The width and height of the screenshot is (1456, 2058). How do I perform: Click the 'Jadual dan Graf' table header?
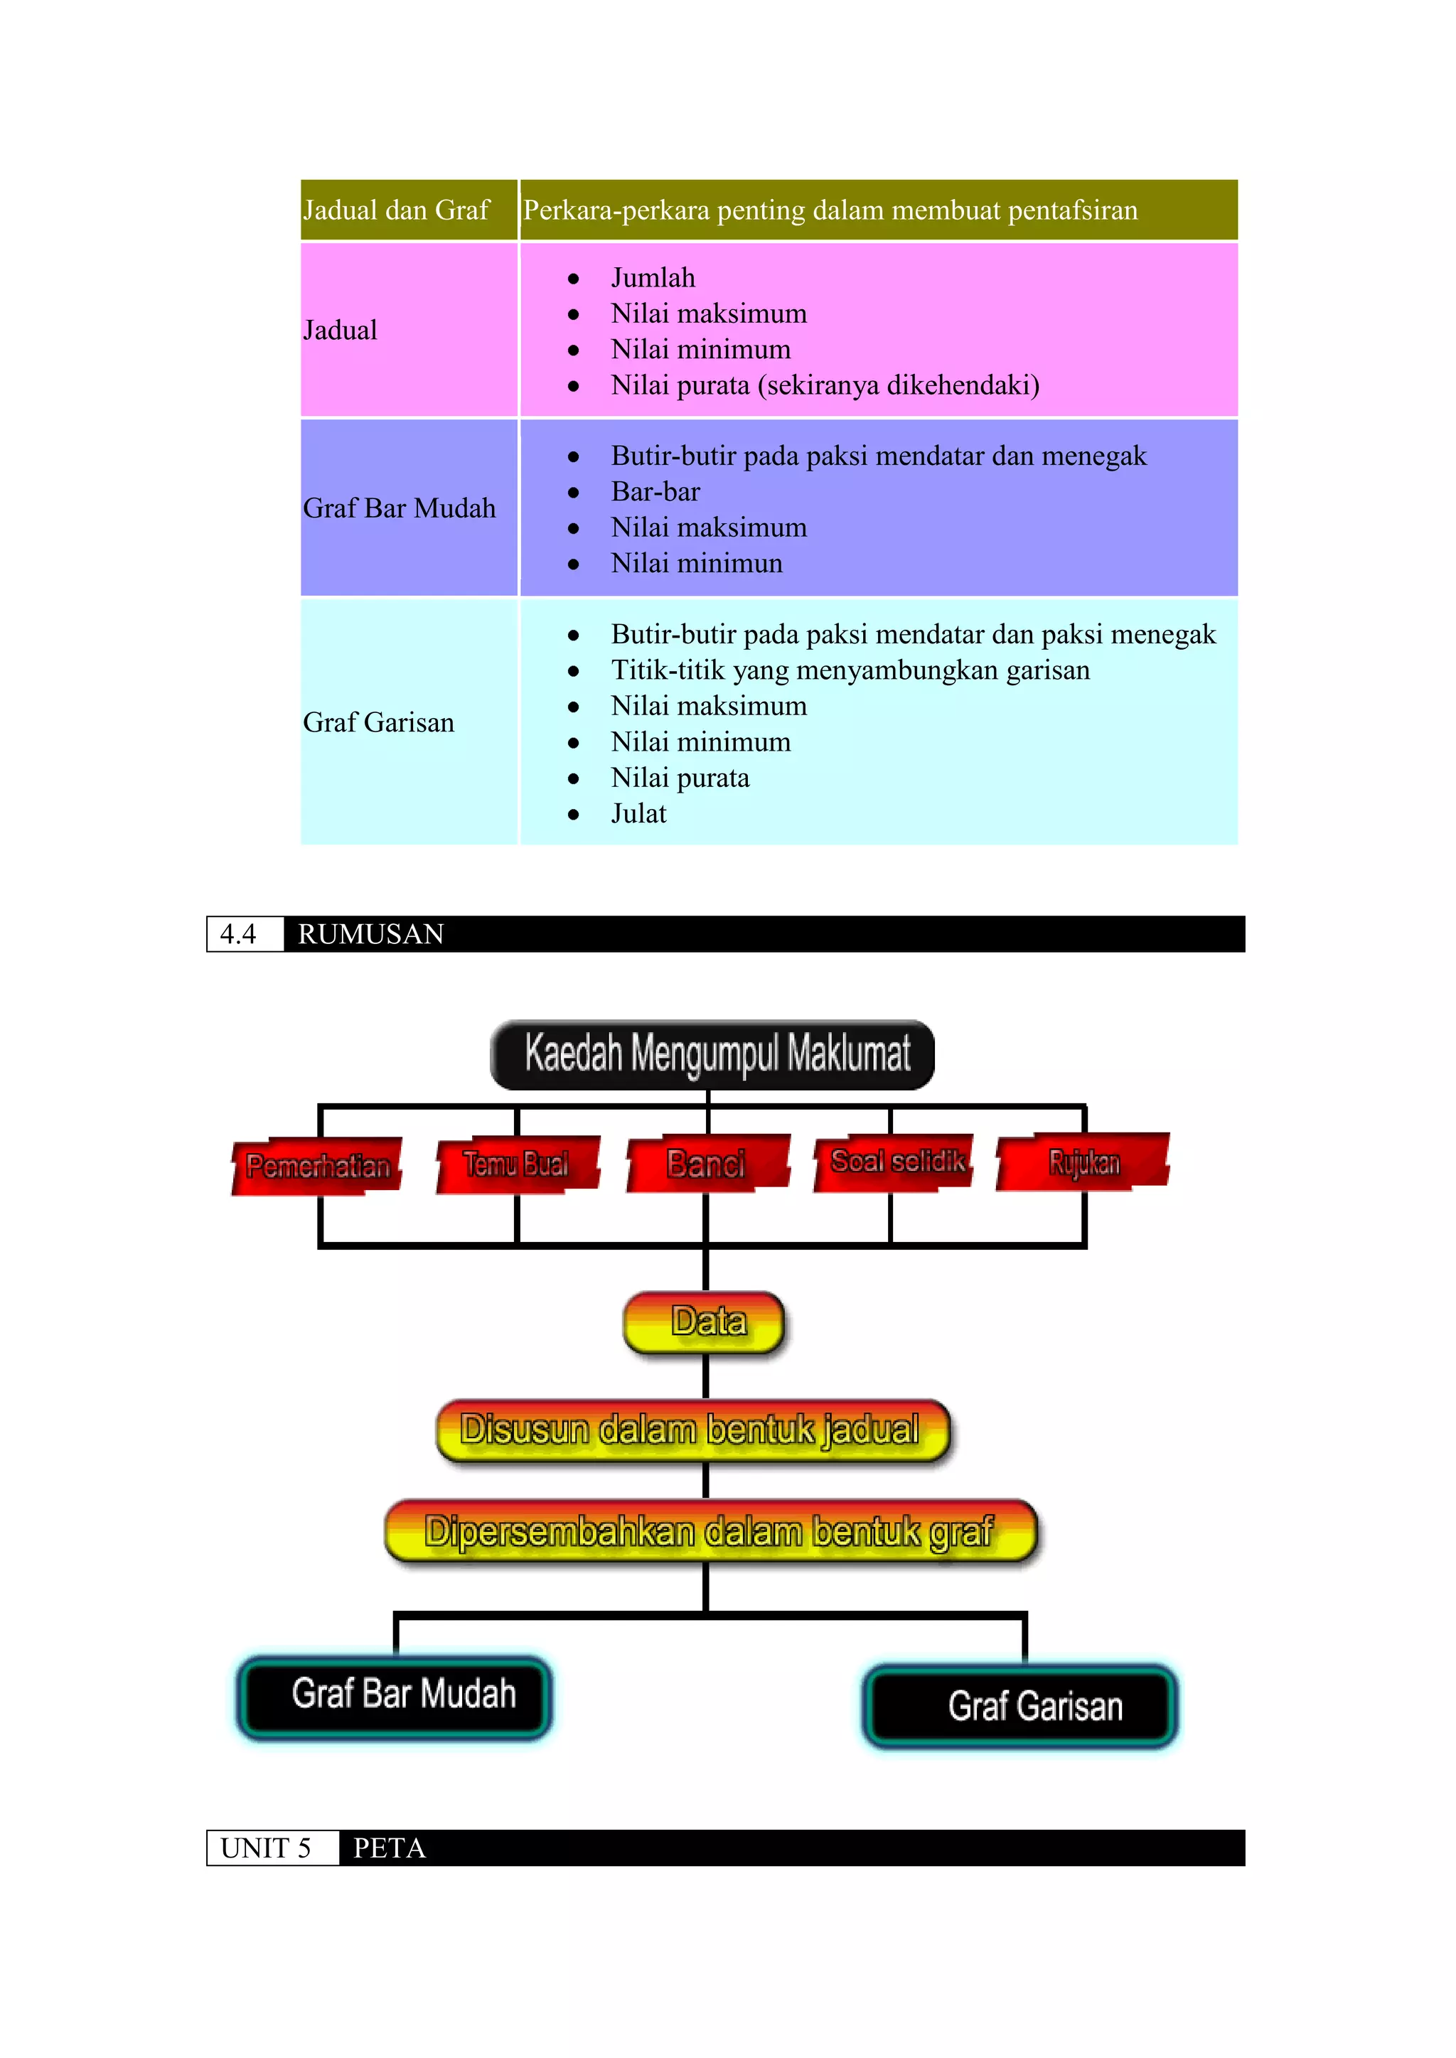pyautogui.click(x=396, y=210)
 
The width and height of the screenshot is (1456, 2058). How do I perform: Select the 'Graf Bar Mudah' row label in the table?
pyautogui.click(x=399, y=508)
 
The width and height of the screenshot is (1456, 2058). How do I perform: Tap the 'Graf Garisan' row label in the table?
pyautogui.click(x=378, y=722)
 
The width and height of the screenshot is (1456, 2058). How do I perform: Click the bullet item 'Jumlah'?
pyautogui.click(x=653, y=278)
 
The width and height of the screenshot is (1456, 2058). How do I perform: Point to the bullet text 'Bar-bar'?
pyautogui.click(x=655, y=491)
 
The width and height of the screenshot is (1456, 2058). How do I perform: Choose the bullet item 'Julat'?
pyautogui.click(x=638, y=813)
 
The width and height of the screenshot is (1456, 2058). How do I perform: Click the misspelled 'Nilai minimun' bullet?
pyautogui.click(x=697, y=563)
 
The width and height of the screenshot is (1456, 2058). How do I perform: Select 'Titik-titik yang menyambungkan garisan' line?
pyautogui.click(x=850, y=670)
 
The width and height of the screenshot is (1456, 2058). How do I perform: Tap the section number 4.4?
pyautogui.click(x=238, y=934)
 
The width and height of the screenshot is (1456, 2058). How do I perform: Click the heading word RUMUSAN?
pyautogui.click(x=371, y=934)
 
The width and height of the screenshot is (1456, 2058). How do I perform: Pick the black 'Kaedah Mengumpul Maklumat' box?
pyautogui.click(x=713, y=1054)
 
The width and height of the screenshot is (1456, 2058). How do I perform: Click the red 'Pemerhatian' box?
pyautogui.click(x=317, y=1165)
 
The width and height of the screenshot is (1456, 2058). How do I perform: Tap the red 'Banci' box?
pyautogui.click(x=707, y=1164)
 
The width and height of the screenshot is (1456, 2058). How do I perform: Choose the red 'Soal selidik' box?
pyautogui.click(x=895, y=1162)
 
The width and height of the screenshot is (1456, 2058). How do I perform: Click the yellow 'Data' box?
pyautogui.click(x=705, y=1322)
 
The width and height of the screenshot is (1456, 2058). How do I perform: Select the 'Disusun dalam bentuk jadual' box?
pyautogui.click(x=692, y=1430)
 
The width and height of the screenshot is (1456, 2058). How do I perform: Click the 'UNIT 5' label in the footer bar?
pyautogui.click(x=267, y=1848)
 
